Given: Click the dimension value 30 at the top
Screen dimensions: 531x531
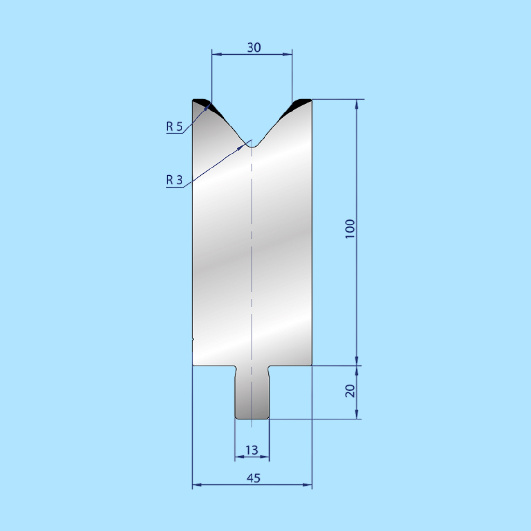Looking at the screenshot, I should pos(253,47).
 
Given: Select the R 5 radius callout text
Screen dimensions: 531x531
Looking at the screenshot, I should pos(174,127).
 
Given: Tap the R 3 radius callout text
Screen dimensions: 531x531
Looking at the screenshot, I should pos(174,180).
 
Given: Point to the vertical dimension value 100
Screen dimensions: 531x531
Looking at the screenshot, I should pos(350,228).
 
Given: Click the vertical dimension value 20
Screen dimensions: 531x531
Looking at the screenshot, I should pos(350,391).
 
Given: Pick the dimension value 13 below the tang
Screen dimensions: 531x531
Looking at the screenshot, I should pos(252,450).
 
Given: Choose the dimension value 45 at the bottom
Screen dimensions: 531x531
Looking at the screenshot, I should pos(253,478).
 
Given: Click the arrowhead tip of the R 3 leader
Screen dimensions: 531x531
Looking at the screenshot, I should pos(245,143).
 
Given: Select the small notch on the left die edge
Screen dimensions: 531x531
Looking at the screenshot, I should pos(193,340).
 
